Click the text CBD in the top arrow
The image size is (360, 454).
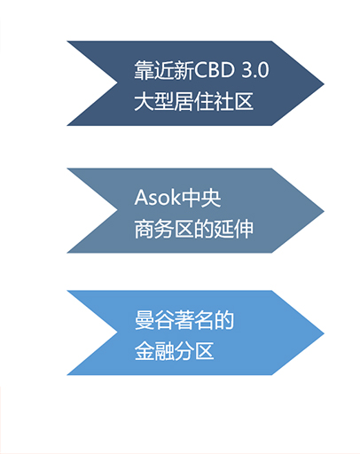tap(215, 70)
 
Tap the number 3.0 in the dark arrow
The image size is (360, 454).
tap(255, 70)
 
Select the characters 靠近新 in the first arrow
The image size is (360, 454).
tap(164, 70)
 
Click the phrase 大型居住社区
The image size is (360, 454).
tap(193, 102)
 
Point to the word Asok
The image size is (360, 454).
tap(157, 197)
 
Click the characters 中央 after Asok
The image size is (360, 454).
tap(200, 198)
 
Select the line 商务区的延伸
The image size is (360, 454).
tap(193, 229)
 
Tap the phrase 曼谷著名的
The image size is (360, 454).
tap(184, 320)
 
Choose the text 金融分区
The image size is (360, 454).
tap(174, 351)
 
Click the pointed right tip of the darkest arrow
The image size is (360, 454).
tap(325, 83)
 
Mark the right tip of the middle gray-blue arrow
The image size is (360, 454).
tap(325, 211)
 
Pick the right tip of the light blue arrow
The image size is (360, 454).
tap(325, 333)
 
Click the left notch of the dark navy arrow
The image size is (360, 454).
tap(118, 83)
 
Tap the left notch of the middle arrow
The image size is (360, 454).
tap(118, 211)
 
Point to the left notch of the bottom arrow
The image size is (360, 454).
tap(118, 333)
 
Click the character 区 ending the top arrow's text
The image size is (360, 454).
tap(244, 102)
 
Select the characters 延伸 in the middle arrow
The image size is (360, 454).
tap(234, 229)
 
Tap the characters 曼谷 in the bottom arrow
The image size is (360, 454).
tap(154, 320)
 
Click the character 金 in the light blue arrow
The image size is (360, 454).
tap(145, 351)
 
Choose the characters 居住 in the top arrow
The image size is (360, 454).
tap(194, 102)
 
